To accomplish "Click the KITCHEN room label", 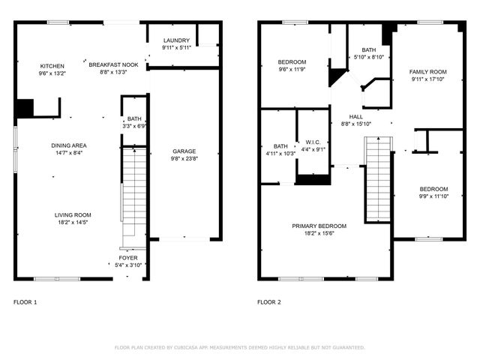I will [52, 66].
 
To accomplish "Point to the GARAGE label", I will [184, 151].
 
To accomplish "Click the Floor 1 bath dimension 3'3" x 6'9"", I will [135, 126].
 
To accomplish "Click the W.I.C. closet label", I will [313, 141].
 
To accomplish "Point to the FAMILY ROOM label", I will [427, 72].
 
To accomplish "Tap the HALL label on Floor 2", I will [356, 117].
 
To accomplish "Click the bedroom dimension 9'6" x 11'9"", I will [292, 69].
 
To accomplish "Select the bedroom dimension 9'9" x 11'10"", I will [433, 196].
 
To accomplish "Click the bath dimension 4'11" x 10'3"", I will [280, 154].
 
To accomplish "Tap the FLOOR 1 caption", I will [25, 302].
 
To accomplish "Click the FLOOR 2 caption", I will [269, 302].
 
